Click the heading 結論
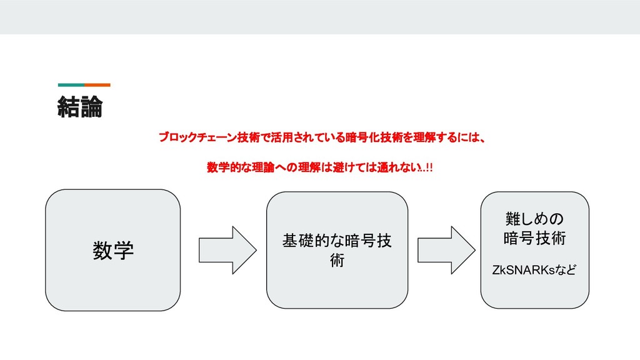pyautogui.click(x=79, y=107)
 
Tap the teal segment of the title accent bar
pyautogui.click(x=71, y=84)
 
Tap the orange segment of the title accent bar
pyautogui.click(x=97, y=84)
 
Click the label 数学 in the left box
pyautogui.click(x=113, y=251)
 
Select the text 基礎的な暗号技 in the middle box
pyautogui.click(x=337, y=241)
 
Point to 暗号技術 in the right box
pyautogui.click(x=534, y=239)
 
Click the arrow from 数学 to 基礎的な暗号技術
pyautogui.click(x=227, y=250)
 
